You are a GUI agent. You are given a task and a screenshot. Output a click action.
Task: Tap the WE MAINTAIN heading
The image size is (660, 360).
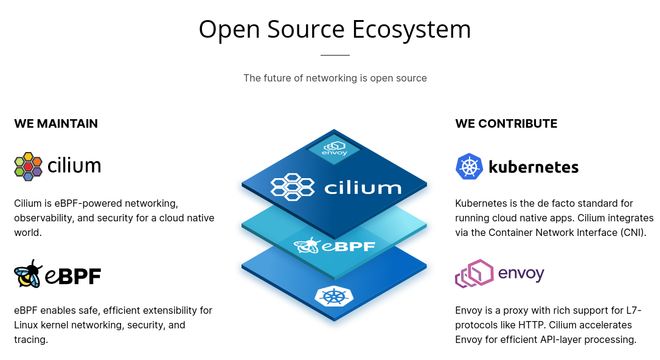(56, 123)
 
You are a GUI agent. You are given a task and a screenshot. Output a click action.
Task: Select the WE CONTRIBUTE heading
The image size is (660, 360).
(506, 123)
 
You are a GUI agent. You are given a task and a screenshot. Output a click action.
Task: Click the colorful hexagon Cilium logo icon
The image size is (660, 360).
(28, 166)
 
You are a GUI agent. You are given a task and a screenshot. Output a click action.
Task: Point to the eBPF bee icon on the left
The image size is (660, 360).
(28, 274)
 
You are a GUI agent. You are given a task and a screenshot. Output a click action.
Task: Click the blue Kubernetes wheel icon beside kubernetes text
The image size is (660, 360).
(469, 167)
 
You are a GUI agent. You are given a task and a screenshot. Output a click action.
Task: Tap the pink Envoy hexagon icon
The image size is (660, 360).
(473, 274)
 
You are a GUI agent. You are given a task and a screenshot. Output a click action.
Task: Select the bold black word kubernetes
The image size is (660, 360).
(533, 167)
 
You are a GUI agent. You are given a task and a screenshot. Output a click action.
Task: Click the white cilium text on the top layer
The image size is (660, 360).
(363, 187)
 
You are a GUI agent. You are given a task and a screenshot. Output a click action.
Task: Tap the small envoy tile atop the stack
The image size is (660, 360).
(334, 148)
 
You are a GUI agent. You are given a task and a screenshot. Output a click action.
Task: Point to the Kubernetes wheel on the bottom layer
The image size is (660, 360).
(333, 296)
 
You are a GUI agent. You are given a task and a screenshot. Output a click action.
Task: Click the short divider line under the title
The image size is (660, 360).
(335, 55)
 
